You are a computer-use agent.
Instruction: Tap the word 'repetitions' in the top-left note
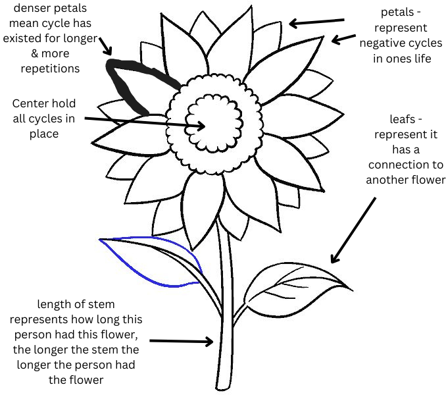tap(51, 68)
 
